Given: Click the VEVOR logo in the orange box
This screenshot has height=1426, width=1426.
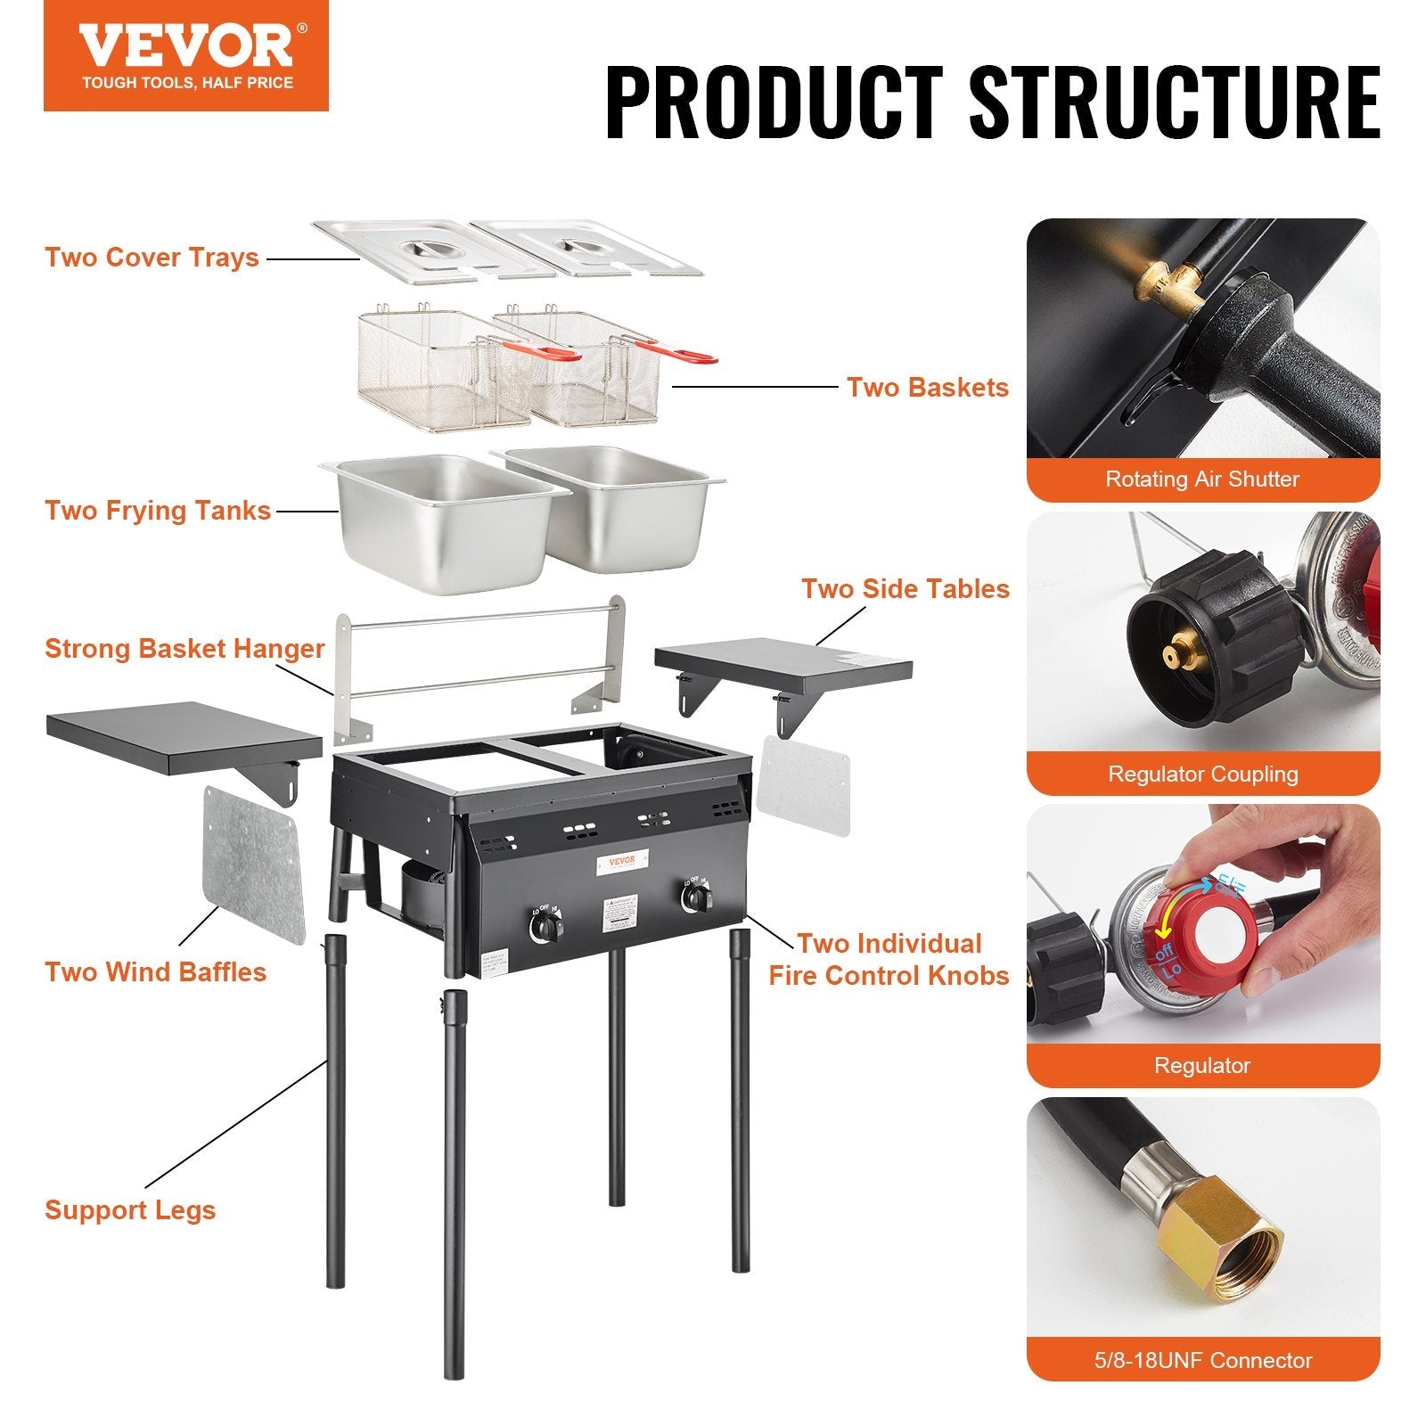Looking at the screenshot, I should pos(185,46).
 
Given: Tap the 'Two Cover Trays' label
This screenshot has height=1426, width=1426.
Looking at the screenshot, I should pos(152,258).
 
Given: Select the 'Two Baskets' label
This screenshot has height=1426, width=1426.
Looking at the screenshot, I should pos(927,388).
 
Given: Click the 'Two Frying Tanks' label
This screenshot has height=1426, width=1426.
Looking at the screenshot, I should pos(158,511).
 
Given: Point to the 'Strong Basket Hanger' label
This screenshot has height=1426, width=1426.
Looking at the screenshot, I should pos(184,649).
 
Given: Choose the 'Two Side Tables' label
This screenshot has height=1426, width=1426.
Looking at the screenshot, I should pos(905,589).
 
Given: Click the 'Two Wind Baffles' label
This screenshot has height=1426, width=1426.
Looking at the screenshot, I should pos(155,971).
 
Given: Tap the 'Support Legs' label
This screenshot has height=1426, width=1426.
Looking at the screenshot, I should pos(130,1210).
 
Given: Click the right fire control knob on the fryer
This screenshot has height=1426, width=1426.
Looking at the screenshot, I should pos(696,898).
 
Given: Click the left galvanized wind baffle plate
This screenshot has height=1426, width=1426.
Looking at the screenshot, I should pos(253,863).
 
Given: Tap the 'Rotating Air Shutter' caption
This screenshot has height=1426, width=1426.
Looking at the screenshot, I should pos(1202,479).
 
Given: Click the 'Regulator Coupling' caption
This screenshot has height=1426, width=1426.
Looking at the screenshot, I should pos(1202,774).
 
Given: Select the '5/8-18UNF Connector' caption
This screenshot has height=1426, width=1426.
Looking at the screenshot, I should pos(1202,1360).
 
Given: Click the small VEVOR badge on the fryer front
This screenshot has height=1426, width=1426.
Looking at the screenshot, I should pos(621,860).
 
